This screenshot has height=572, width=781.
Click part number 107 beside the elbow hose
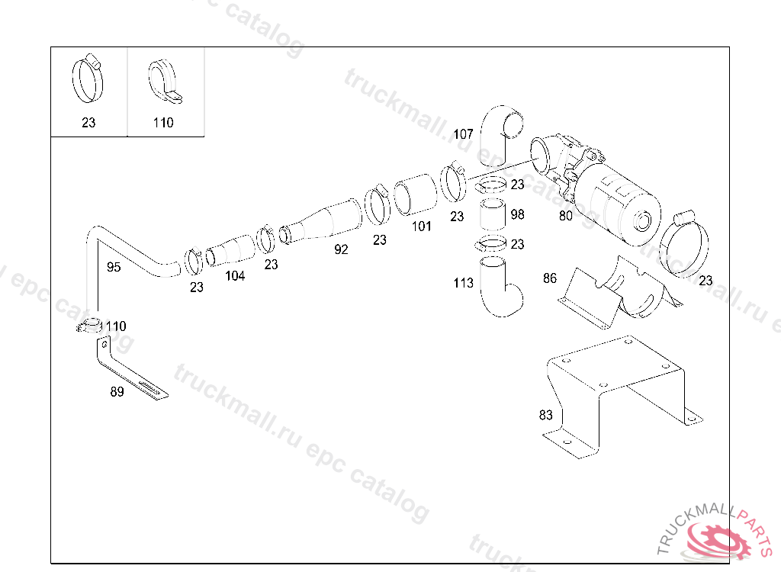(463, 134)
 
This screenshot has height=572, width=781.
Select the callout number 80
(565, 216)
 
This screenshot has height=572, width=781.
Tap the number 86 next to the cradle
(550, 278)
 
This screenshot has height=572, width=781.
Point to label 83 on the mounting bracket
(545, 416)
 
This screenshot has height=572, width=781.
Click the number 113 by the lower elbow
(463, 283)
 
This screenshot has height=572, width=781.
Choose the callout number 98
(517, 214)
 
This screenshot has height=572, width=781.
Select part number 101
(421, 226)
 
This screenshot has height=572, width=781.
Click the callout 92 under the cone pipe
(341, 249)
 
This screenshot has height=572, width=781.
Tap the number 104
(235, 276)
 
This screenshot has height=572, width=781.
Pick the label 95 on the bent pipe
(114, 267)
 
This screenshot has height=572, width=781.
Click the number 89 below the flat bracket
(117, 393)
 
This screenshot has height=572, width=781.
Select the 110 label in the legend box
(163, 122)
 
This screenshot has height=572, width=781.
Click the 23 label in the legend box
(88, 122)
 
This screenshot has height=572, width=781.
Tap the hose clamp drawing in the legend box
(89, 79)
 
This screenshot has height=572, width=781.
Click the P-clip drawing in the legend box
(162, 81)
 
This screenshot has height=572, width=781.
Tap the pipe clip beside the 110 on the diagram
(90, 326)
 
